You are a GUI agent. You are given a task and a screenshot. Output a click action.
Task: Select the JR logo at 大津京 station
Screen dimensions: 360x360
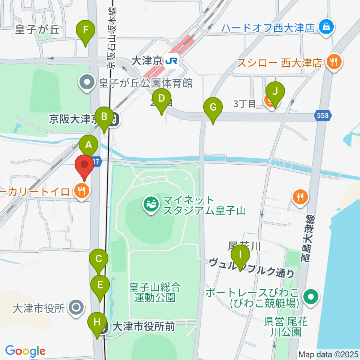(172, 60)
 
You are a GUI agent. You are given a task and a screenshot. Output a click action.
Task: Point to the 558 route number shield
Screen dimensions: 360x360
(323, 116)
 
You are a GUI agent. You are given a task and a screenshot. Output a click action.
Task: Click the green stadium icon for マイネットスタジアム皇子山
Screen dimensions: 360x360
(152, 205)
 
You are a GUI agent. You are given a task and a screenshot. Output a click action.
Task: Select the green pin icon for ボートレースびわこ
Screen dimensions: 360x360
(311, 297)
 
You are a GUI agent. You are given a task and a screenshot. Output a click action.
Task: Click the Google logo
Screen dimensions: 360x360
(25, 351)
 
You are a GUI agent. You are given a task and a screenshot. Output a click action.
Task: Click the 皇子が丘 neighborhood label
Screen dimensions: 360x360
(37, 30)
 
